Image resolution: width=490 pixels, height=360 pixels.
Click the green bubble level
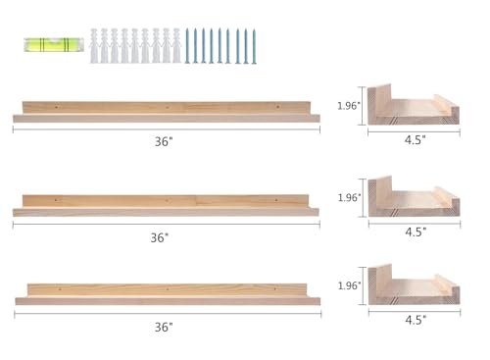click(x=54, y=45)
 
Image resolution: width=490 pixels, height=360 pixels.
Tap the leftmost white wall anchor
click(x=94, y=46)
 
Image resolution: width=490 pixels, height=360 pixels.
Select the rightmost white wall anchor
click(x=176, y=46)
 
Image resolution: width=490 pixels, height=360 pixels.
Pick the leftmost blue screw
click(x=187, y=46)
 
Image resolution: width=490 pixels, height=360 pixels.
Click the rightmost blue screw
click(x=254, y=47)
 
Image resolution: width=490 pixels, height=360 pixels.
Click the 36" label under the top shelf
click(x=164, y=141)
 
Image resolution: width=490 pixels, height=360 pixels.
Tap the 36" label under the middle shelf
click(x=160, y=237)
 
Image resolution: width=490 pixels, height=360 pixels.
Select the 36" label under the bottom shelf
click(x=164, y=327)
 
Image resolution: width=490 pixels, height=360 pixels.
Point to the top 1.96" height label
click(x=349, y=106)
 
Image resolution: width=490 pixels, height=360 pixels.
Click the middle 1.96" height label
click(x=349, y=197)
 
